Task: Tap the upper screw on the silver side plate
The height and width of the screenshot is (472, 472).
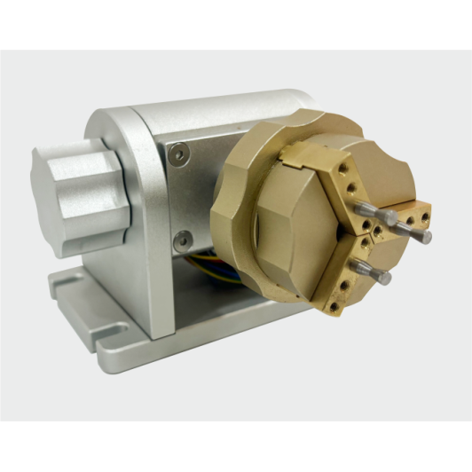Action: point(181,154)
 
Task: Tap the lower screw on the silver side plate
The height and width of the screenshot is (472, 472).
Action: point(182,238)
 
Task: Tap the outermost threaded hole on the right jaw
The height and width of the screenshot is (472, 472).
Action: point(425,213)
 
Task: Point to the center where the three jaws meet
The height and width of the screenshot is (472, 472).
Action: point(364,235)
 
